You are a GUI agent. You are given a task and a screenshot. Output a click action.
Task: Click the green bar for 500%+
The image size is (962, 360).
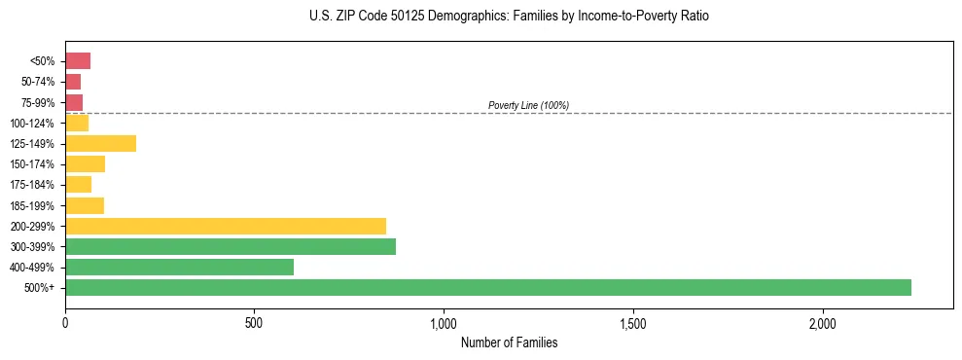click(x=487, y=287)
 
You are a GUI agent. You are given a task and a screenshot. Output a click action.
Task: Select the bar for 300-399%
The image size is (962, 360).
click(x=231, y=246)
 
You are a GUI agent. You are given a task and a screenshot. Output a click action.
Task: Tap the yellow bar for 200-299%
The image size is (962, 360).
click(x=226, y=226)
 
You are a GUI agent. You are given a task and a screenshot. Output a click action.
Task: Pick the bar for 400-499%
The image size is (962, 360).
click(x=179, y=267)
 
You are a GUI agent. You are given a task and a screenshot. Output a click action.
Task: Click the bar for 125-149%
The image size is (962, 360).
click(x=100, y=144)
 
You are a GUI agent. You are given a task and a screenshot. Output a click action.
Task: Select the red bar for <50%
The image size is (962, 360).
click(x=78, y=61)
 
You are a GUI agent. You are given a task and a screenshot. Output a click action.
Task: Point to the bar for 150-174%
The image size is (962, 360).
click(x=85, y=164)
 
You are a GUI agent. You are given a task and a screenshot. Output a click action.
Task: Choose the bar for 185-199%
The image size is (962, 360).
click(x=85, y=205)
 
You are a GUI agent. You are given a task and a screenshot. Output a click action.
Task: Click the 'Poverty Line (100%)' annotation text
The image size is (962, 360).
click(x=528, y=105)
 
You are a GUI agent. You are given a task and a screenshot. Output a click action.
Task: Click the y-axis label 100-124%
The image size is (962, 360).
click(x=34, y=124)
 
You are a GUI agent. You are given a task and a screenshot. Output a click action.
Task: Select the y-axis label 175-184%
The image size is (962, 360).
click(x=34, y=185)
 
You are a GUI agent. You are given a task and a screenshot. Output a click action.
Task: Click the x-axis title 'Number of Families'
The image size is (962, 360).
click(x=509, y=342)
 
